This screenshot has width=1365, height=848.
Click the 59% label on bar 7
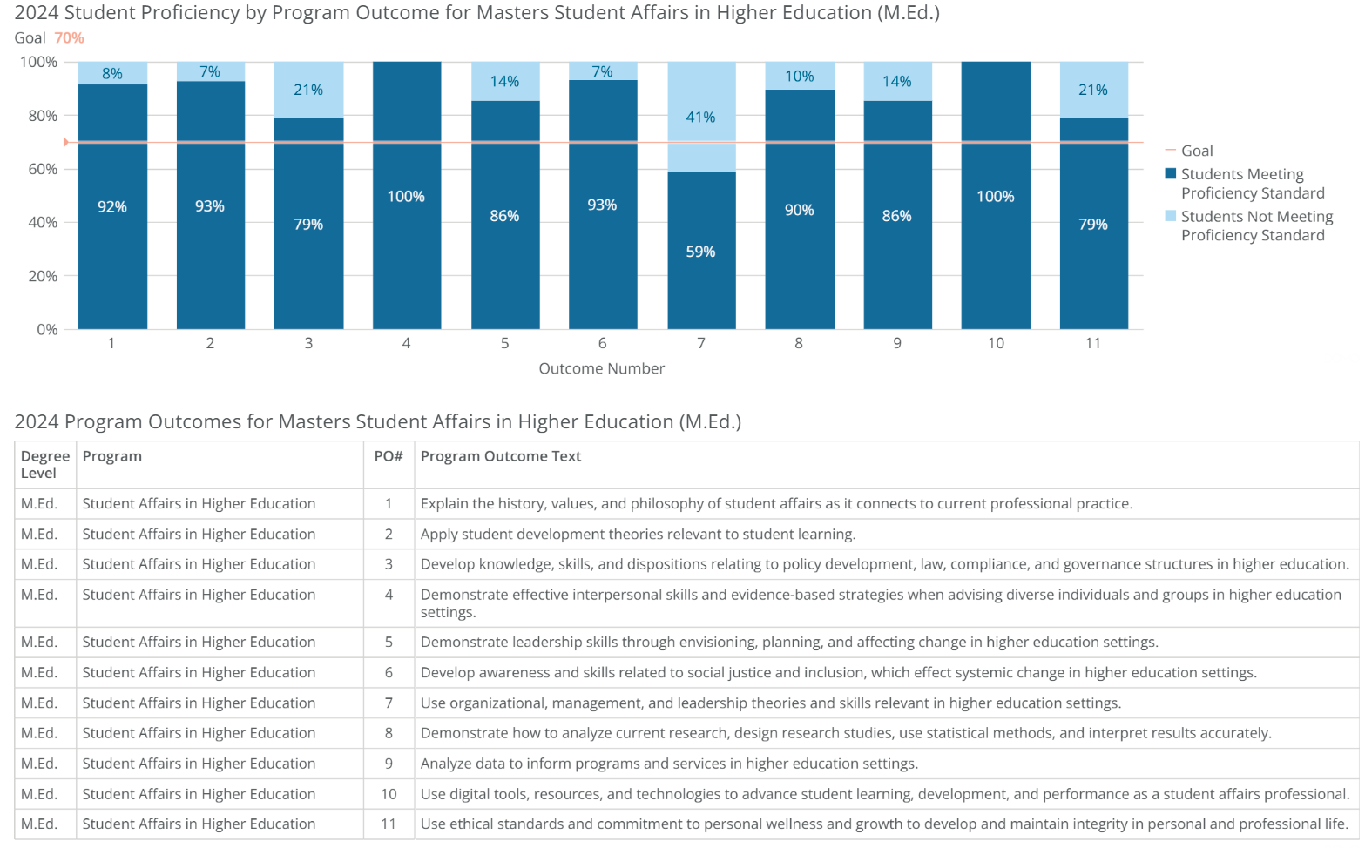click(700, 252)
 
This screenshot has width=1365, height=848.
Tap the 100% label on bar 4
click(406, 197)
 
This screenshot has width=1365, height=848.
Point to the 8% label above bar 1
click(112, 74)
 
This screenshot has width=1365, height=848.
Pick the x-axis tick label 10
click(996, 343)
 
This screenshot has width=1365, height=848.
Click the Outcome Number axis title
click(601, 368)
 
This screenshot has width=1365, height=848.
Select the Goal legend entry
click(1196, 151)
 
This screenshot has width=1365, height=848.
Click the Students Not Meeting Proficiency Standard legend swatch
click(1171, 216)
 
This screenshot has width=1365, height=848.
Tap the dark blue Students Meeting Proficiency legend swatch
click(1171, 173)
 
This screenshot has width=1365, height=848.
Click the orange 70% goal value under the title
click(69, 38)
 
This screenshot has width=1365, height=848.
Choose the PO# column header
click(389, 456)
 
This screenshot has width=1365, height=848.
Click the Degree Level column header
click(44, 464)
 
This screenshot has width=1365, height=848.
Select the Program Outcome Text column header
click(500, 456)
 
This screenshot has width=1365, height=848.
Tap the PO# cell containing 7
click(389, 703)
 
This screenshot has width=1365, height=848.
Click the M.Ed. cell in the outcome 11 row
click(39, 824)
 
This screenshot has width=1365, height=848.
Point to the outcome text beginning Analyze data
click(668, 764)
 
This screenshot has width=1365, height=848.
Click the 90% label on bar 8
click(799, 210)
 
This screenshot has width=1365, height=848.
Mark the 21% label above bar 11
click(1093, 90)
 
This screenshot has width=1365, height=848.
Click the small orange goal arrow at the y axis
click(65, 142)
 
